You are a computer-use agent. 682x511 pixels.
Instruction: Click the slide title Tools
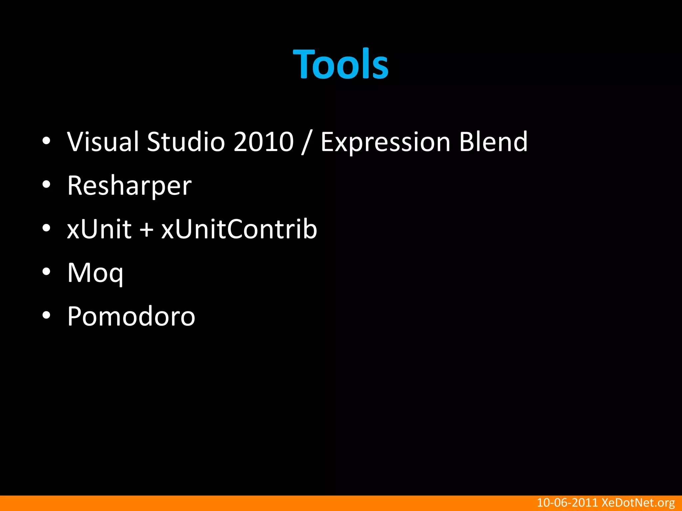click(x=341, y=64)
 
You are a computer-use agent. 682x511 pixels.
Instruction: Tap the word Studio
click(x=186, y=142)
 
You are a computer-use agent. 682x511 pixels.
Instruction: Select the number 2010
click(x=263, y=142)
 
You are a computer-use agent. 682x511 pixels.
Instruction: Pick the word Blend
click(x=493, y=142)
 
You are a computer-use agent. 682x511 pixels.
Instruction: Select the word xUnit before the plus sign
click(x=99, y=229)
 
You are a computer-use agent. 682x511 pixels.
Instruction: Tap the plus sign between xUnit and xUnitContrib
click(x=146, y=230)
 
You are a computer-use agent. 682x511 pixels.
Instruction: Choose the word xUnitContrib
click(x=239, y=229)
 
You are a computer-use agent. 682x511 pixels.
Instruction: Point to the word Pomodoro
click(x=131, y=316)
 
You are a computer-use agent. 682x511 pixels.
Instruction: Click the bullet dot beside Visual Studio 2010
click(x=46, y=141)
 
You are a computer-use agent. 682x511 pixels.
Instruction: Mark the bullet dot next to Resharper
click(x=46, y=185)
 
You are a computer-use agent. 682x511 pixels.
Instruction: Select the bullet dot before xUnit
click(x=46, y=228)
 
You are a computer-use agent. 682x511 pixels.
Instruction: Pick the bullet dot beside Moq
click(x=46, y=272)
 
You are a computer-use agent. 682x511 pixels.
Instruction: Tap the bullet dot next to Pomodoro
click(x=46, y=315)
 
